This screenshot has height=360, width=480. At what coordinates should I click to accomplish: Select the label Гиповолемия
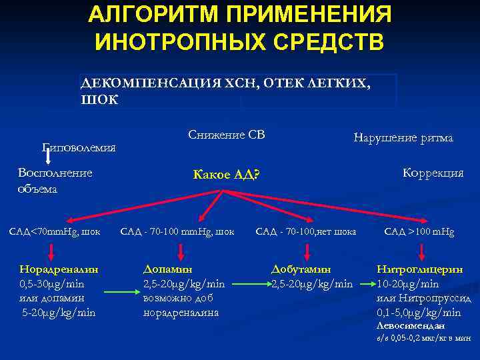pos(79,147)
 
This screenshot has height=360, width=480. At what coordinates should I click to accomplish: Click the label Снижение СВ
pos(226,135)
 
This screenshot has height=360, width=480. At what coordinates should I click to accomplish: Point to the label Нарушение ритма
pos(403,138)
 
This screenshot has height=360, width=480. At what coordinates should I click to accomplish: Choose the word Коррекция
pos(433,173)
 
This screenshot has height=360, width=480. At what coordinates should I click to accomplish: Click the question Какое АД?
pos(225,175)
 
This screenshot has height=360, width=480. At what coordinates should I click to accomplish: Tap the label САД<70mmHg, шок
pos(55,232)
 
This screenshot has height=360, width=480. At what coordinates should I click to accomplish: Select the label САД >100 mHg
pos(419,232)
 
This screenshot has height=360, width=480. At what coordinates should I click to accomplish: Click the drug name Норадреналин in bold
pos(59,269)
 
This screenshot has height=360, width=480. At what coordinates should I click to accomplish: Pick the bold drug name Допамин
pos(167,269)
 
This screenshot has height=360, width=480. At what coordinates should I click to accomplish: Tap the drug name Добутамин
pos(301,269)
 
